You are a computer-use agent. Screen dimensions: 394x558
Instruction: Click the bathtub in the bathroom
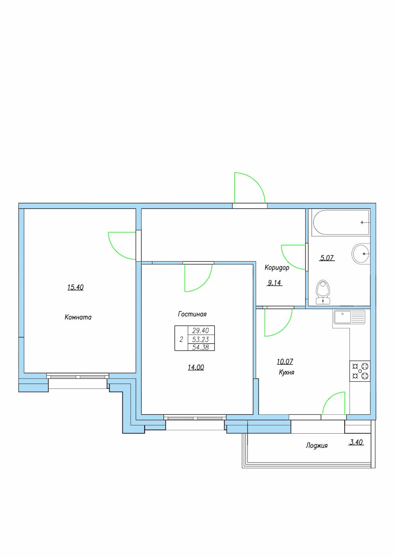(x=341, y=223)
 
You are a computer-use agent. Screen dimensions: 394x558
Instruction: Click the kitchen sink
(x=349, y=317)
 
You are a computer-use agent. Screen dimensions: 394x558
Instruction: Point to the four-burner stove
(x=360, y=371)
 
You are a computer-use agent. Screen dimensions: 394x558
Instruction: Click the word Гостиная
(x=192, y=314)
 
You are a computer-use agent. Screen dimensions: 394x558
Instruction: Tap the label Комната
(x=78, y=317)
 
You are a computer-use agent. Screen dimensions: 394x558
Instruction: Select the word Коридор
(x=277, y=268)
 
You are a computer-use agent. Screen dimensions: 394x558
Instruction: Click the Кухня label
(x=286, y=373)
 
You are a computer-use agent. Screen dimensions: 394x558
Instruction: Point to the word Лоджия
(x=317, y=446)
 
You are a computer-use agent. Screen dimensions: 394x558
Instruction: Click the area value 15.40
(x=75, y=287)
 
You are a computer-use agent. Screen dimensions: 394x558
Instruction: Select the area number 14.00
(x=196, y=367)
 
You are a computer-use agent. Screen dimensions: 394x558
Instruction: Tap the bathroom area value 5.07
(x=327, y=258)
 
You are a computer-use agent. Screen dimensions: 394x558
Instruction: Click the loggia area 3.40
(x=357, y=442)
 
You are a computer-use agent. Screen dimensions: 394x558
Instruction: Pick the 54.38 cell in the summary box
(x=201, y=347)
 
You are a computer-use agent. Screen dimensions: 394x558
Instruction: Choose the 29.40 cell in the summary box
(x=201, y=331)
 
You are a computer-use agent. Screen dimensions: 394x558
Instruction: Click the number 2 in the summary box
(x=181, y=339)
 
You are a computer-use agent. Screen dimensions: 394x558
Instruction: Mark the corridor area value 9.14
(x=274, y=283)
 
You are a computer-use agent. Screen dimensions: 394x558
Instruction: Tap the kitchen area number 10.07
(x=285, y=361)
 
